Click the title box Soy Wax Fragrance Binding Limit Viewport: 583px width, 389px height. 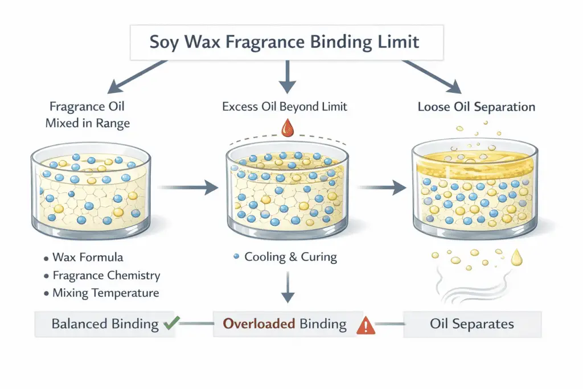286,42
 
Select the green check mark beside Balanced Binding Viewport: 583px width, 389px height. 170,325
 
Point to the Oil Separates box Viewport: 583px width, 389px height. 472,325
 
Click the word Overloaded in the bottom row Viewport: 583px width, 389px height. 258,325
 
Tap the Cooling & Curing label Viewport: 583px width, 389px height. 290,257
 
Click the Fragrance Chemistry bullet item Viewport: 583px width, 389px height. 106,276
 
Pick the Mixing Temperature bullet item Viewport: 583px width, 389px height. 105,294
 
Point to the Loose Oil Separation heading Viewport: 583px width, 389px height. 476,107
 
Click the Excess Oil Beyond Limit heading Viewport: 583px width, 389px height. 285,107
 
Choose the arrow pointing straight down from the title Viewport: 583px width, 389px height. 287,77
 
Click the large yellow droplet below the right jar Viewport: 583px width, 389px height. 517,258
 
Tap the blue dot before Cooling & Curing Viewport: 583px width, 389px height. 236,257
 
